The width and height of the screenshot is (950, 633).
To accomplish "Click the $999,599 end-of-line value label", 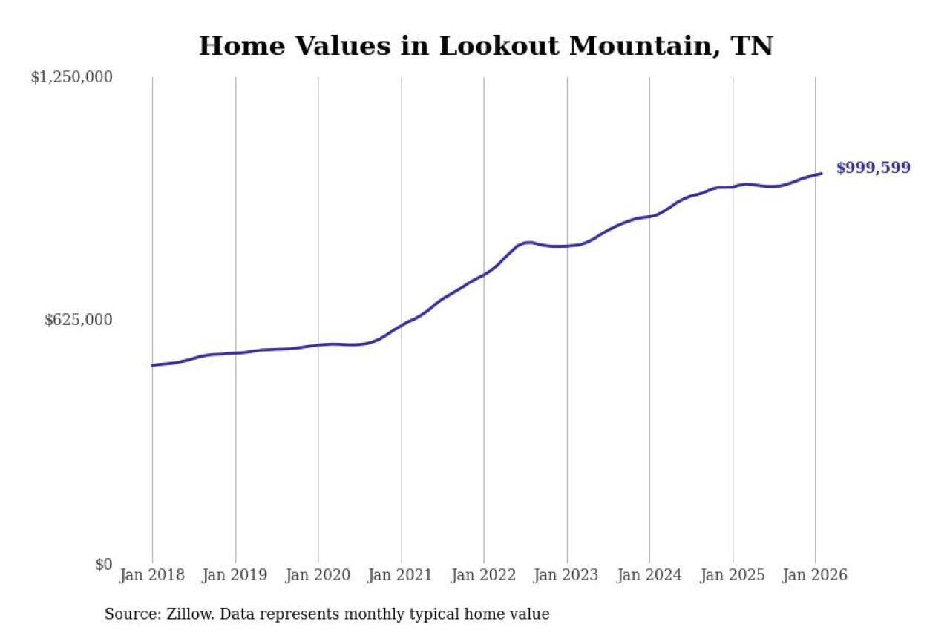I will coord(873,168).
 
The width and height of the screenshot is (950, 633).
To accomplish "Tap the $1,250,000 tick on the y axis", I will coord(71,77).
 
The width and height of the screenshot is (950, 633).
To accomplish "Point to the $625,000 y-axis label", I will coord(79,320).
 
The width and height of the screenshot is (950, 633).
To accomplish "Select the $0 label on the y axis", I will coord(103,565).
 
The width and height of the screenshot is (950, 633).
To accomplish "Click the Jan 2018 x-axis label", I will coord(152,575).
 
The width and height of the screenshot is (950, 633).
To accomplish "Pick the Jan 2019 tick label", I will coord(235,575).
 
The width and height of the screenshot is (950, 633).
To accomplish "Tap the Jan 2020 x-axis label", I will coord(318,575).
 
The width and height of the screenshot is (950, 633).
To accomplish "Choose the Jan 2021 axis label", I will coord(402,575).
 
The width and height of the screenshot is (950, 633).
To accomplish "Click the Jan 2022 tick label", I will coord(484,575).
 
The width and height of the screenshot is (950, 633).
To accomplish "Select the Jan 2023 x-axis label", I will coord(567,575).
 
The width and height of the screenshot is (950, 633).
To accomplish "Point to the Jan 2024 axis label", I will coord(649,575).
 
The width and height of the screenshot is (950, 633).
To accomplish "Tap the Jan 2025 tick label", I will coord(733,575).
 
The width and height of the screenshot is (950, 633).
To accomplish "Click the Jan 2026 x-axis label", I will coord(815,575).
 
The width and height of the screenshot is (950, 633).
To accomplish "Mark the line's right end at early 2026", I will coord(822,174).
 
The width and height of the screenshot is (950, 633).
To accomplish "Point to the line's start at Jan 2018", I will coord(152,365).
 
